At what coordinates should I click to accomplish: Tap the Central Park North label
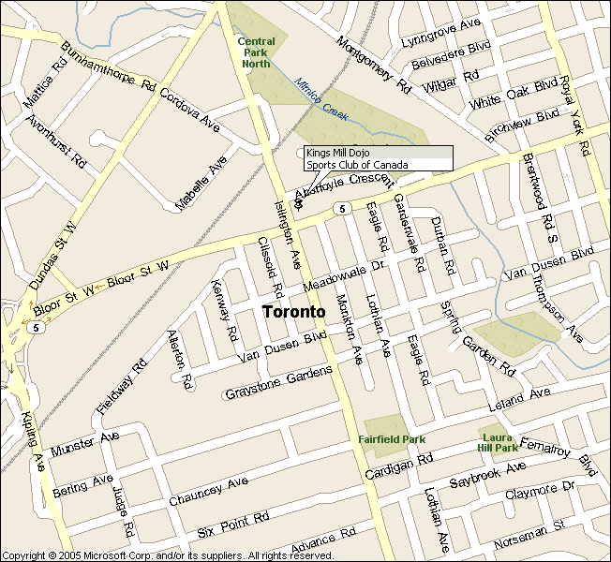pyautogui.click(x=256, y=52)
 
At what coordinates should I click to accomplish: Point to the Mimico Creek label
pyautogui.click(x=321, y=100)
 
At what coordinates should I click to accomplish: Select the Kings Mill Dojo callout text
pyautogui.click(x=339, y=153)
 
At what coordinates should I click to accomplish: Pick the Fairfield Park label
pyautogui.click(x=392, y=438)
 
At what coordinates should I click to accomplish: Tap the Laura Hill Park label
pyautogui.click(x=498, y=442)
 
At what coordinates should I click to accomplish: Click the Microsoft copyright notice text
pyautogui.click(x=168, y=555)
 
